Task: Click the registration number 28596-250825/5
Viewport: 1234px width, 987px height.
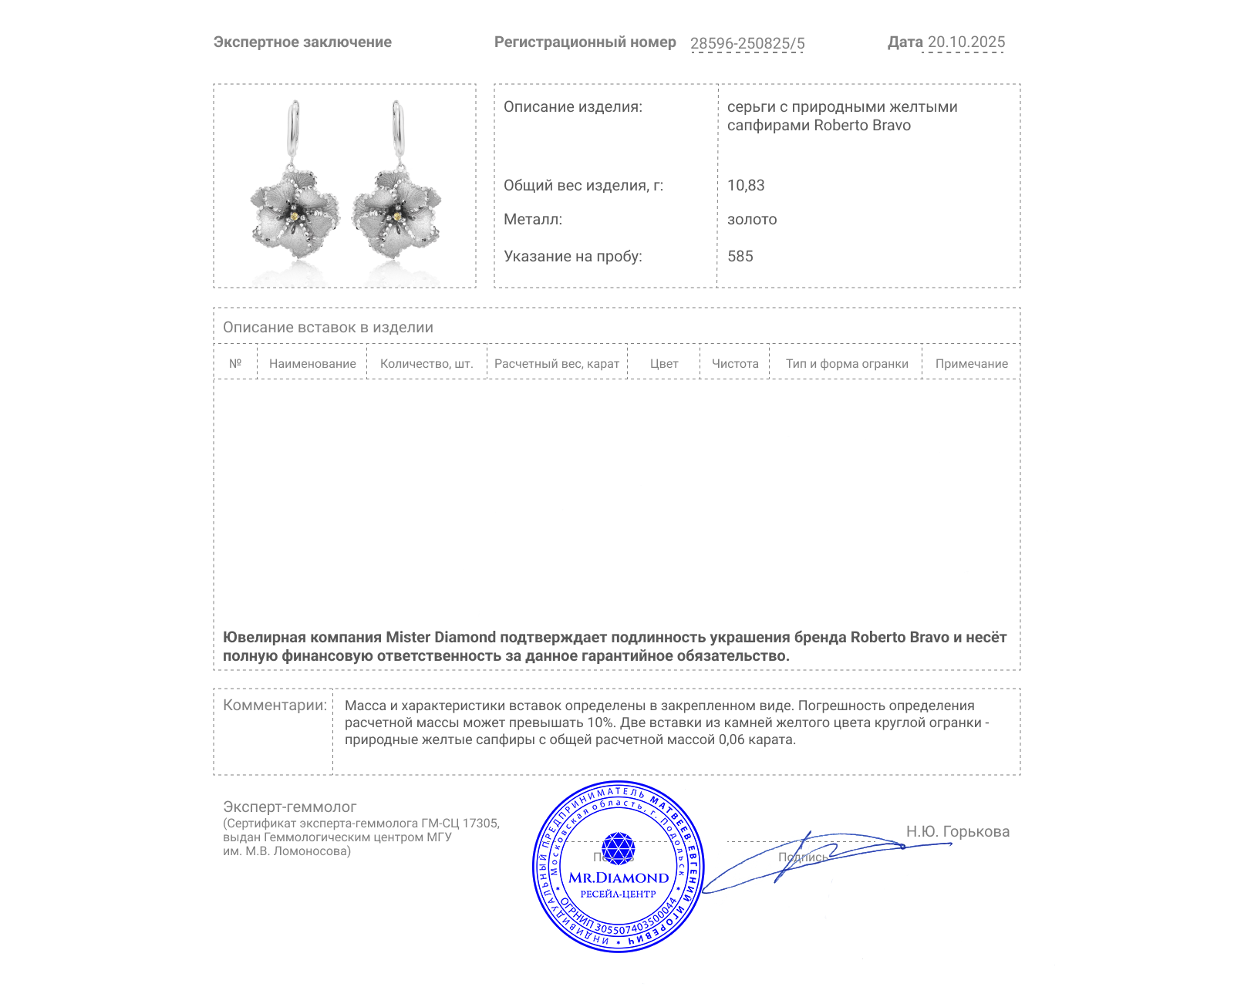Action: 747,43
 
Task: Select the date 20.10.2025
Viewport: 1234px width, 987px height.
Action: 966,42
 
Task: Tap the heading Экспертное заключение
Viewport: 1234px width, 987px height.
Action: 302,42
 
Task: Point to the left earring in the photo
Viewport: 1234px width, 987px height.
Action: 295,193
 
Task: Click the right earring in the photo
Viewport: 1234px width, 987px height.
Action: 396,193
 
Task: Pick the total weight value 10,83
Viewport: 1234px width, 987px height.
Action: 746,186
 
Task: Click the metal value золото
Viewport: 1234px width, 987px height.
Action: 752,220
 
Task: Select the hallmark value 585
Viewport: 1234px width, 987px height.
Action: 740,257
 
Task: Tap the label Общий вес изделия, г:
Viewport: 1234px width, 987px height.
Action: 583,186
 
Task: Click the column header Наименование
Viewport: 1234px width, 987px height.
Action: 312,364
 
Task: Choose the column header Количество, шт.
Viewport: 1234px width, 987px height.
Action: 427,364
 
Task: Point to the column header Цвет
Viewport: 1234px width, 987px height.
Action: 664,364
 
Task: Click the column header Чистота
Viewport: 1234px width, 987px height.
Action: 735,364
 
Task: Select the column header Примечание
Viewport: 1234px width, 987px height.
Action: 971,364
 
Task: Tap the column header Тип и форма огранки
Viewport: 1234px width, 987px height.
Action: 847,364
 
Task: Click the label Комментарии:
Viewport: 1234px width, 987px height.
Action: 275,706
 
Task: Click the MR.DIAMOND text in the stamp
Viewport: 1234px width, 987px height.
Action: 619,878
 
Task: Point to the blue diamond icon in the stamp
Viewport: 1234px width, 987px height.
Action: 618,847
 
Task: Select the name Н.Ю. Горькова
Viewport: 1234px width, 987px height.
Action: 957,832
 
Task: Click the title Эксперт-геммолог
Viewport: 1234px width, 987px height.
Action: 290,807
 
